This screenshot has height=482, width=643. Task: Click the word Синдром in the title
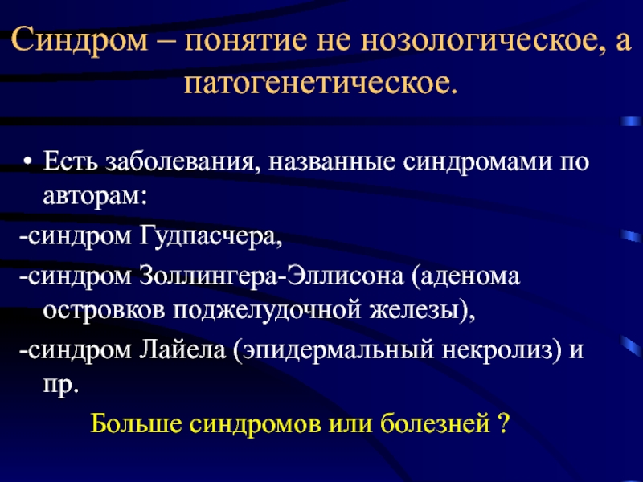click(80, 41)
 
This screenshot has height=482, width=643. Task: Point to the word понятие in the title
click(246, 41)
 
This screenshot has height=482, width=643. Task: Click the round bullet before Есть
click(27, 161)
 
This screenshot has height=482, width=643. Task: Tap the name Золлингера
click(208, 276)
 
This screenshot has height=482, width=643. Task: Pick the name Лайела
click(183, 350)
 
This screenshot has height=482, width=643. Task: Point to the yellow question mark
click(504, 423)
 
